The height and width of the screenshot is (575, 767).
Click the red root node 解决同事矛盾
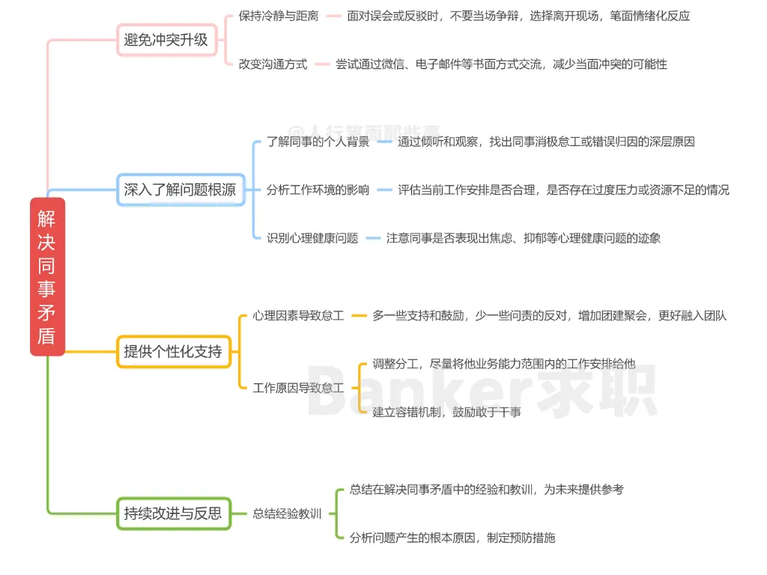(47, 276)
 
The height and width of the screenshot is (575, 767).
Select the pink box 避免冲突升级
(166, 40)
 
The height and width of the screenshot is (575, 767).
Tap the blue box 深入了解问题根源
(180, 190)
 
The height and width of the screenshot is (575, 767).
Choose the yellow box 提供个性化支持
(172, 351)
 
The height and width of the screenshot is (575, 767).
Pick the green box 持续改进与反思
(173, 514)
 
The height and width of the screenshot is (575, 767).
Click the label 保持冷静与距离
(278, 16)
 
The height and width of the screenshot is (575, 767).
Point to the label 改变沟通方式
(273, 64)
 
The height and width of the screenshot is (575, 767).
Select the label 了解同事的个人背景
(318, 142)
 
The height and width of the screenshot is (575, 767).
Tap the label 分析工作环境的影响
(318, 190)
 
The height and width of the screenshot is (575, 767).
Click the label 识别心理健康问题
(312, 238)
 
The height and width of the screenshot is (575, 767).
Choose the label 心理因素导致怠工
(298, 316)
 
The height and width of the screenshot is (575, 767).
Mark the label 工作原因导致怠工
(298, 388)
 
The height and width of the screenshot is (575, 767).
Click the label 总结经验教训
(287, 514)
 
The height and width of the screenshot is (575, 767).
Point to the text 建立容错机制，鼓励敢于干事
(446, 412)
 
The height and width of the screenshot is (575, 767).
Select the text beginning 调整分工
(503, 364)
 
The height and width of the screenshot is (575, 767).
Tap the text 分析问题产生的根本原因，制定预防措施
(452, 538)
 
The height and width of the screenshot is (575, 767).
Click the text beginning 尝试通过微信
(500, 64)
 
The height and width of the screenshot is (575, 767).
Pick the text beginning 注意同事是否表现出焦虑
(523, 238)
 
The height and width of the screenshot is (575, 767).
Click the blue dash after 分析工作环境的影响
(384, 190)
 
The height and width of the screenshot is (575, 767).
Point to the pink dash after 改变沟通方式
(322, 64)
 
